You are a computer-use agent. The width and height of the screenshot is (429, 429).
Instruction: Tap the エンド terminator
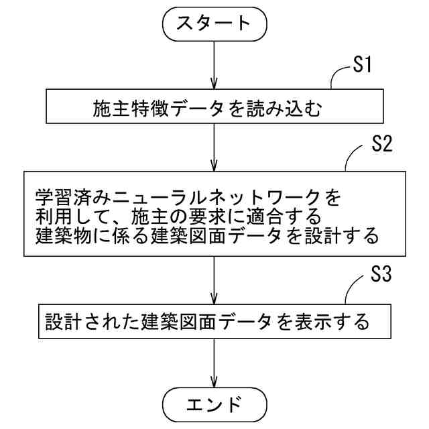[214, 404]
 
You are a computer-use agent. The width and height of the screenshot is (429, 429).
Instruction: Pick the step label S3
[380, 275]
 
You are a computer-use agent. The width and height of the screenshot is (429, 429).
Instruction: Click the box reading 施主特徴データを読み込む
[214, 107]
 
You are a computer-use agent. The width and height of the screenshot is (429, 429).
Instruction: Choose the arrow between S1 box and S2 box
[214, 149]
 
